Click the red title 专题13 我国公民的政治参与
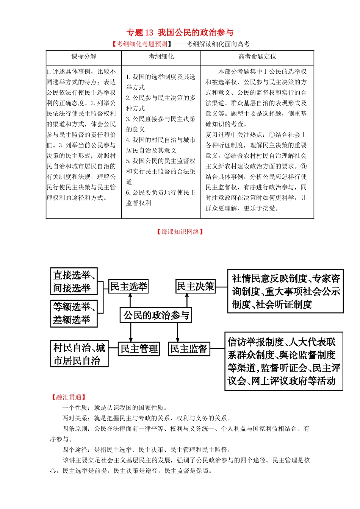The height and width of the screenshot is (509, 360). [180, 33]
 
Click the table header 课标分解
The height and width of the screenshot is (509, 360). [84, 56]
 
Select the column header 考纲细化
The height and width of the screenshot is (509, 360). [161, 56]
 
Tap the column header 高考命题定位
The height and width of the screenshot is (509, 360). [257, 56]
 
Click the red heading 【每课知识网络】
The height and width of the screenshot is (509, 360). [180, 231]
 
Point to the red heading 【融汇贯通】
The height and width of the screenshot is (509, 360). [69, 397]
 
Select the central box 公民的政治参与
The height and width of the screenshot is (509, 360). [156, 315]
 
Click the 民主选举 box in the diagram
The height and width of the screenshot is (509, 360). [128, 286]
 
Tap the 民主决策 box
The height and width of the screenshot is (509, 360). [196, 286]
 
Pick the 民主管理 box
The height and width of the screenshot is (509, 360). [139, 348]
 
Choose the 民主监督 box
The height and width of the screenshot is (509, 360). [189, 348]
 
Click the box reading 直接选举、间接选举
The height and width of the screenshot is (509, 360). [74, 281]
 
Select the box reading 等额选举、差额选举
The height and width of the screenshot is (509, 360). [74, 313]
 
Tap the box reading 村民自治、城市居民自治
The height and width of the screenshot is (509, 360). [79, 354]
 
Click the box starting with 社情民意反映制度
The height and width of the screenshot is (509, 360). [285, 291]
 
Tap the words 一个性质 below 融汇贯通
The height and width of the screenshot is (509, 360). [75, 408]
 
